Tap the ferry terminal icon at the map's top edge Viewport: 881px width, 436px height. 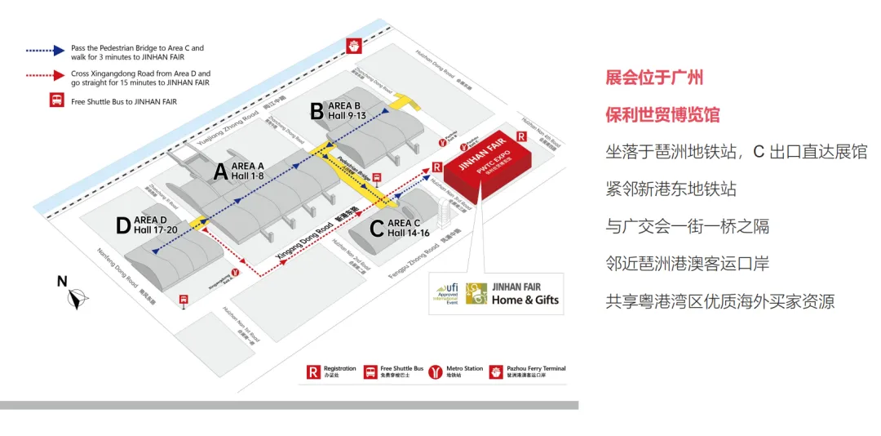click(x=354, y=46)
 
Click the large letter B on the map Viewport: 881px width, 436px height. click(x=317, y=113)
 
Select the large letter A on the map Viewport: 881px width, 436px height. click(x=219, y=172)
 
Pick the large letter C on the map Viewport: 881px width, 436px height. click(x=376, y=229)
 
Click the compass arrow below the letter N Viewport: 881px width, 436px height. click(x=76, y=300)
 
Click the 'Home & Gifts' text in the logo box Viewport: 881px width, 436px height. click(x=525, y=300)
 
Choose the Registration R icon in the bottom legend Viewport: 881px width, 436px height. click(x=313, y=372)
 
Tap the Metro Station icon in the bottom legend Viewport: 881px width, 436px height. click(x=435, y=372)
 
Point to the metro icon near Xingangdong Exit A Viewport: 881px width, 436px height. click(x=235, y=273)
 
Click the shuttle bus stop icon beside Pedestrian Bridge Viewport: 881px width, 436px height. click(x=378, y=178)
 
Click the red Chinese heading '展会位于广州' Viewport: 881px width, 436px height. click(x=654, y=78)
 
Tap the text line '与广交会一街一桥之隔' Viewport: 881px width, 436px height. click(x=687, y=226)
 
